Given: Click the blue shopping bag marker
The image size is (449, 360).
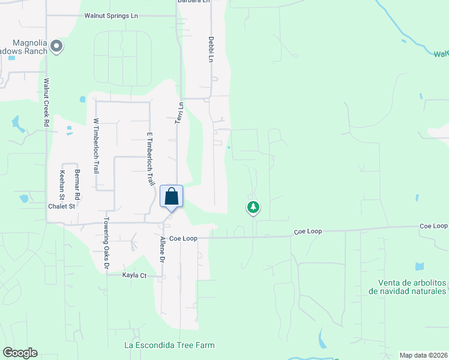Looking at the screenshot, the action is (171, 197).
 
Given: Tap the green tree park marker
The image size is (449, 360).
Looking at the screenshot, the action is (253, 208).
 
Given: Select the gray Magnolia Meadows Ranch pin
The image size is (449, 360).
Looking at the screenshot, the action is (56, 46).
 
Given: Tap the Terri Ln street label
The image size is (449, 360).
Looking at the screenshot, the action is (179, 113).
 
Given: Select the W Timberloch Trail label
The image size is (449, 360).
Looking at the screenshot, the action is (95, 146).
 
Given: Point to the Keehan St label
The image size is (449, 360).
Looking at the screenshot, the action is (62, 185).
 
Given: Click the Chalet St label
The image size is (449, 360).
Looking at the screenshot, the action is (61, 206).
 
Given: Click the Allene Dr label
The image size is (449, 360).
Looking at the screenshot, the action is (161, 251).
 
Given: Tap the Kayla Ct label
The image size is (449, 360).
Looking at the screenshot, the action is (134, 275).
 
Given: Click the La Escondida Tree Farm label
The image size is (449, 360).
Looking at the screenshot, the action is (169, 345).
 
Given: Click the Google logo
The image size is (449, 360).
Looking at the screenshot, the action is (20, 353).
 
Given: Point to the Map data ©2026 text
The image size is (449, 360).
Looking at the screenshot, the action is (424, 355).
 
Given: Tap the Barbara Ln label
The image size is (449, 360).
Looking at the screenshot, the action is (194, 2).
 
